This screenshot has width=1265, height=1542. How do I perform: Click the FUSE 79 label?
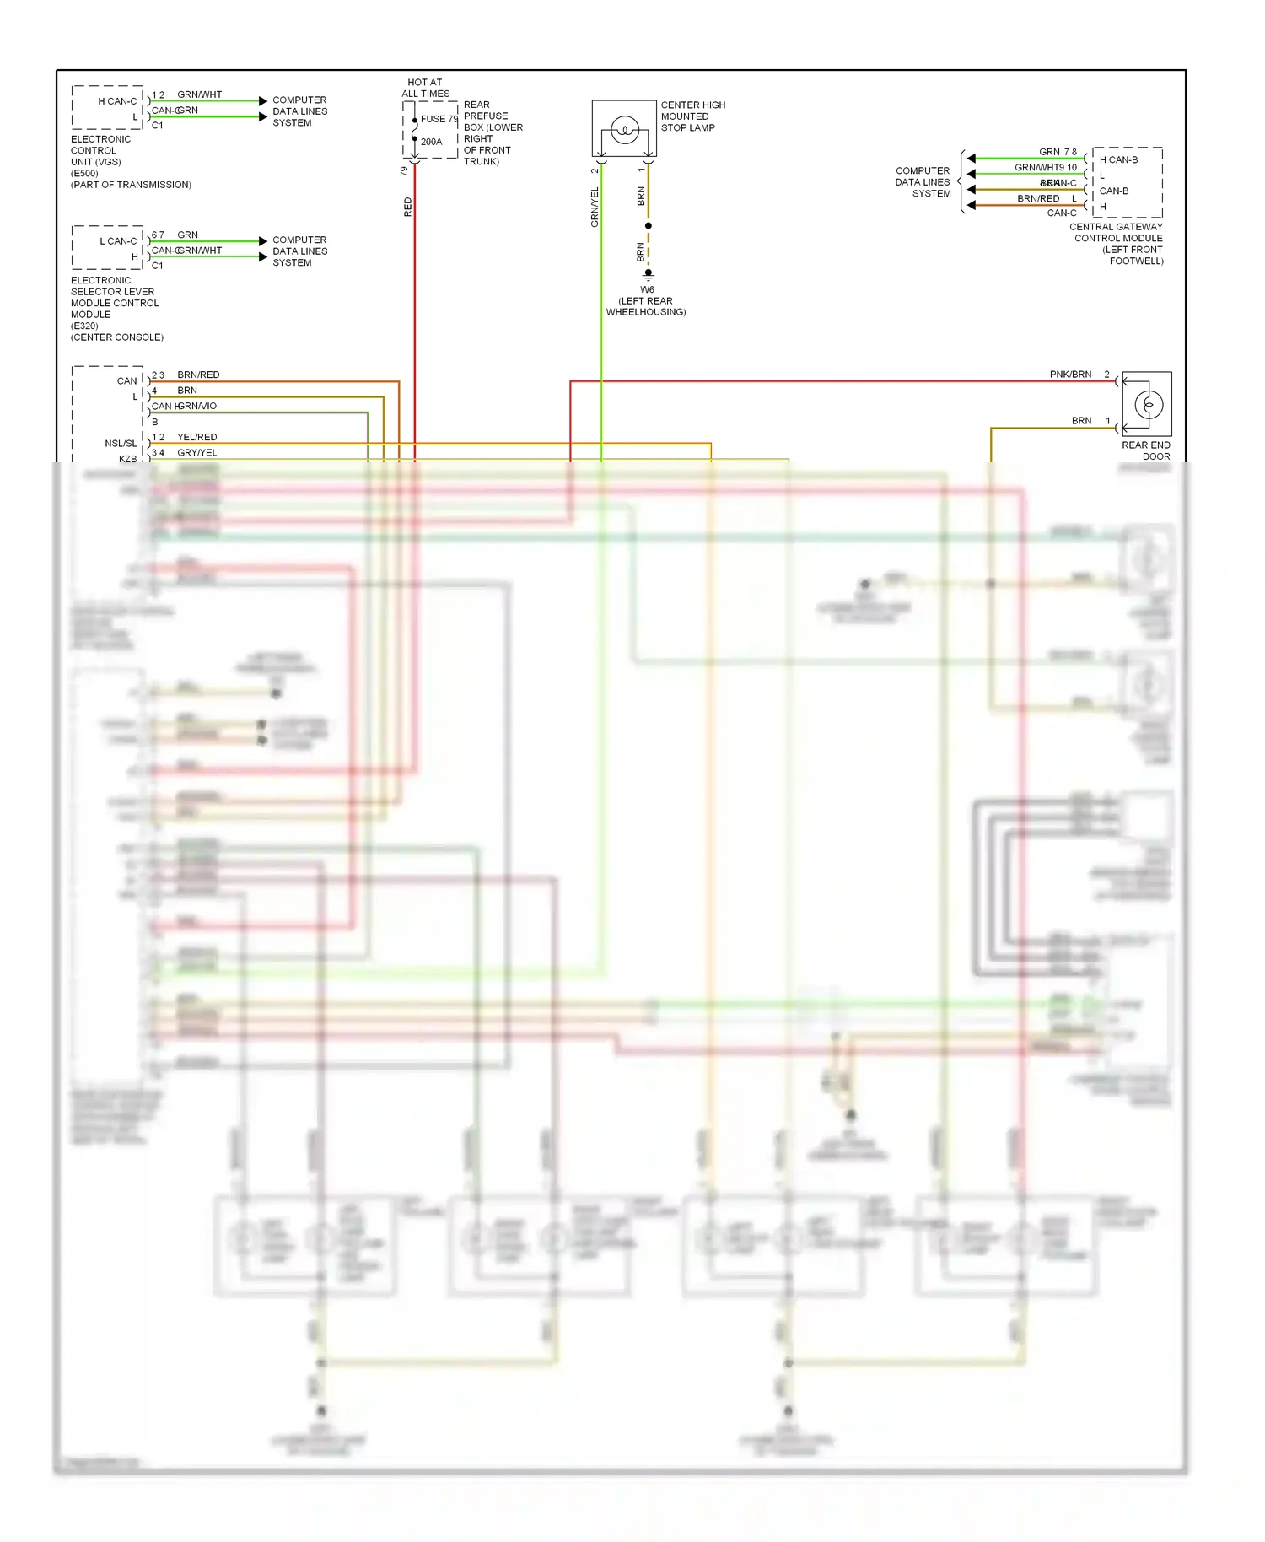coord(439,119)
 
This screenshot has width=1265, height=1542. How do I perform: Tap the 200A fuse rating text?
coord(431,142)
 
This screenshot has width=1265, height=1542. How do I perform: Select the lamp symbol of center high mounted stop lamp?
coord(625,130)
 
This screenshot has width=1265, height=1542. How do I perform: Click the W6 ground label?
coord(647,289)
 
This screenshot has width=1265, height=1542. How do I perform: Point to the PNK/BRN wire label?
coord(1070,374)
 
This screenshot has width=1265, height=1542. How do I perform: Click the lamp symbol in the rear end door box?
coord(1148,405)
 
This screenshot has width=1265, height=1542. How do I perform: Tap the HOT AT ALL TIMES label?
coord(425,88)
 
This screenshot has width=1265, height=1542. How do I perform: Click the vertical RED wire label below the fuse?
coord(408,207)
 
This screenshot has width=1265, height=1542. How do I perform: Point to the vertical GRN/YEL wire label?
coord(595,207)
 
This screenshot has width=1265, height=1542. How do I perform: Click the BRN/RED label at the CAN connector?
coord(198,375)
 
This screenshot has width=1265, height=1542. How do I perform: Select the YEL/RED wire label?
coord(196,437)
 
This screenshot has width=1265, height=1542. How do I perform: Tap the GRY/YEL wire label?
coord(196,453)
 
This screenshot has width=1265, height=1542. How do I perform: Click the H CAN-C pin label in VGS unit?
coord(117,101)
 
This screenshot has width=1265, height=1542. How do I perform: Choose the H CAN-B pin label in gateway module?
coord(1118,159)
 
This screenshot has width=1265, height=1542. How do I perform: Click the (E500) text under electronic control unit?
coord(84,173)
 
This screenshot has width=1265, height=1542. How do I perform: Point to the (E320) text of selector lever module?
coord(84,326)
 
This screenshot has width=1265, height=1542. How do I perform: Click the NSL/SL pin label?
coord(121,443)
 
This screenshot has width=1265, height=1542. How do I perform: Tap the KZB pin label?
coord(127,459)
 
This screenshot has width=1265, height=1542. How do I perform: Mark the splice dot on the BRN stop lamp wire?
coord(648,226)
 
